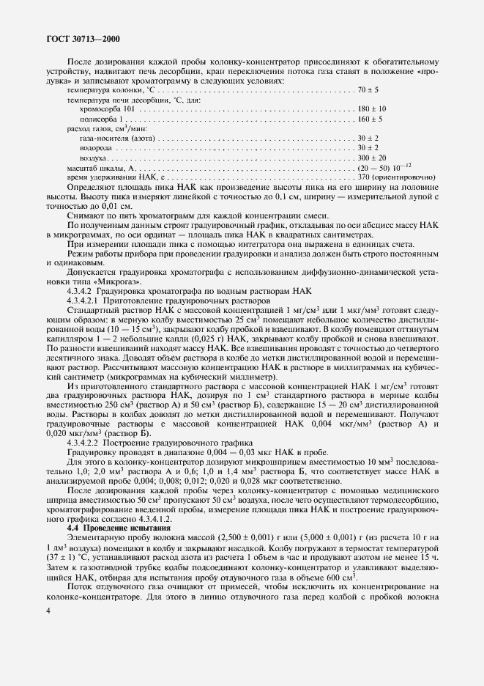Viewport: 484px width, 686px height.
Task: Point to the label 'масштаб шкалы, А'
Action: click(86, 168)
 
